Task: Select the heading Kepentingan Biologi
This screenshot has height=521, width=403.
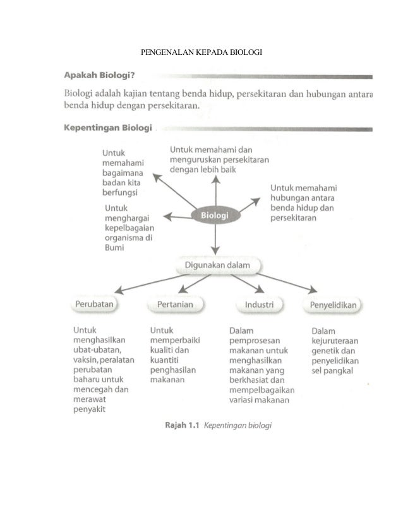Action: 108,129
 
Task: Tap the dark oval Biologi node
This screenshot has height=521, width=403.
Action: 215,216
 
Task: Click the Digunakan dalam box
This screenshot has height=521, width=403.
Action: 217,266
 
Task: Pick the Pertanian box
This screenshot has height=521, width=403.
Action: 171,305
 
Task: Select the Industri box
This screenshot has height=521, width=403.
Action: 259,305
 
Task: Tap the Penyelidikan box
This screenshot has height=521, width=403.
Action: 334,305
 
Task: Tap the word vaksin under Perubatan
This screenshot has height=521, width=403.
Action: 85,360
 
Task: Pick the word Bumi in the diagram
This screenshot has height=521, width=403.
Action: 113,249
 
